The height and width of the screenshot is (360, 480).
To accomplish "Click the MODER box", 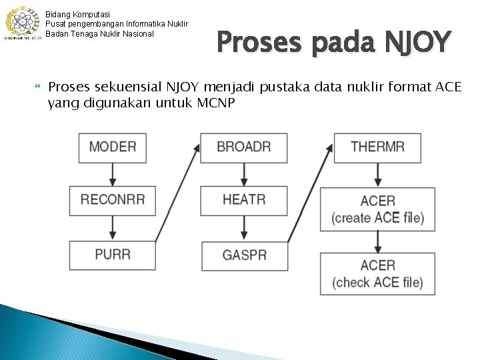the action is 112,147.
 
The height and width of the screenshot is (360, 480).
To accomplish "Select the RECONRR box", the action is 112,200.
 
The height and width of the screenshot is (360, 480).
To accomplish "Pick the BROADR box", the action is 244,147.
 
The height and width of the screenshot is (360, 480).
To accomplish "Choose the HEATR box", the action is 244,200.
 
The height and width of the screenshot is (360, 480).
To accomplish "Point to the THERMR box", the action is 377,147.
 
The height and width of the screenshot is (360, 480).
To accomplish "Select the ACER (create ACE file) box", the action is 377,209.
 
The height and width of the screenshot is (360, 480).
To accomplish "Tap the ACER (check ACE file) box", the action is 377,273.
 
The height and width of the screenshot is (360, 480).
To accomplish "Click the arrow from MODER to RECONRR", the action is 112,174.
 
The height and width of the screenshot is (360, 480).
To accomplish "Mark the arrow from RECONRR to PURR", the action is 112,228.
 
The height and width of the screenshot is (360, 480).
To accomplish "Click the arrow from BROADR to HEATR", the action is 244,174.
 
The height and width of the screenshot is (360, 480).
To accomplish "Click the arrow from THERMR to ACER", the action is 377,175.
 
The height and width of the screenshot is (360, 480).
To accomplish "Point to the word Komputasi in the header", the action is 91,14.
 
